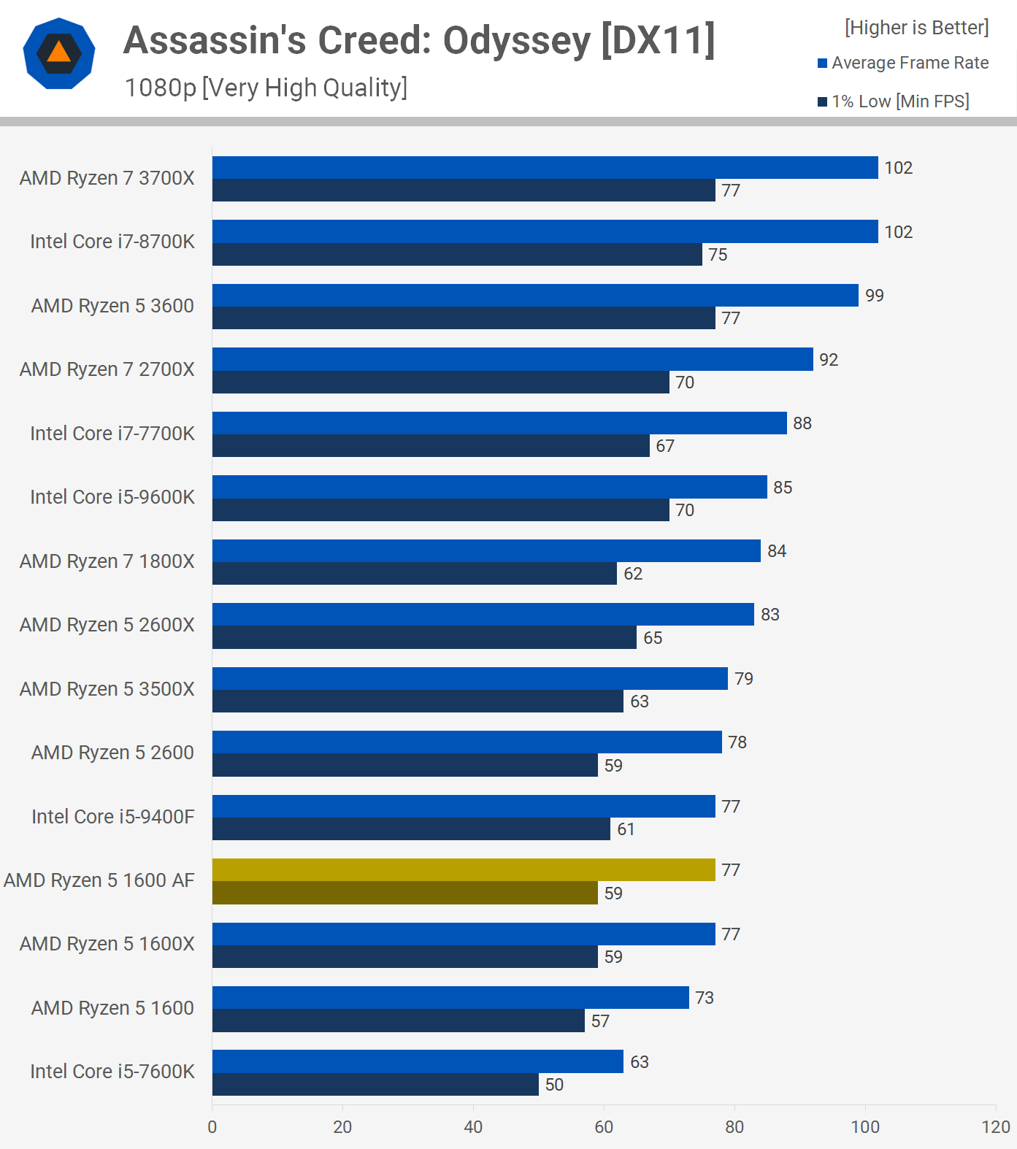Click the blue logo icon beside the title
click(59, 54)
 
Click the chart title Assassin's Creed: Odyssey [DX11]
click(419, 40)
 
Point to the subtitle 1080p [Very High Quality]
click(266, 88)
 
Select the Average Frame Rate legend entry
click(903, 64)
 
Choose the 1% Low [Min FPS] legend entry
click(894, 101)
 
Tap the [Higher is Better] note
click(916, 28)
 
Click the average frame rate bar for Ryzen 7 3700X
click(545, 167)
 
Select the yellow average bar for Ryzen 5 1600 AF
click(464, 869)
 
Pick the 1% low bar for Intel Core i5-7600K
click(375, 1084)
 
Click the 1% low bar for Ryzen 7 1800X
click(414, 573)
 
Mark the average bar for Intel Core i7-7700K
click(499, 423)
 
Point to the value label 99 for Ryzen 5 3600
click(874, 296)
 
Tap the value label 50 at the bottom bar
click(554, 1085)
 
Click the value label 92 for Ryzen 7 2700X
click(828, 360)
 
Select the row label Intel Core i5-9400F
click(113, 816)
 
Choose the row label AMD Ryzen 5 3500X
click(107, 689)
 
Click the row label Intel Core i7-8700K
click(112, 242)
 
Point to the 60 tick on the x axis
click(604, 1127)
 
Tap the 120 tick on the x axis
click(995, 1127)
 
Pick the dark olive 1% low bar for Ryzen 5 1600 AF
click(404, 893)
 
